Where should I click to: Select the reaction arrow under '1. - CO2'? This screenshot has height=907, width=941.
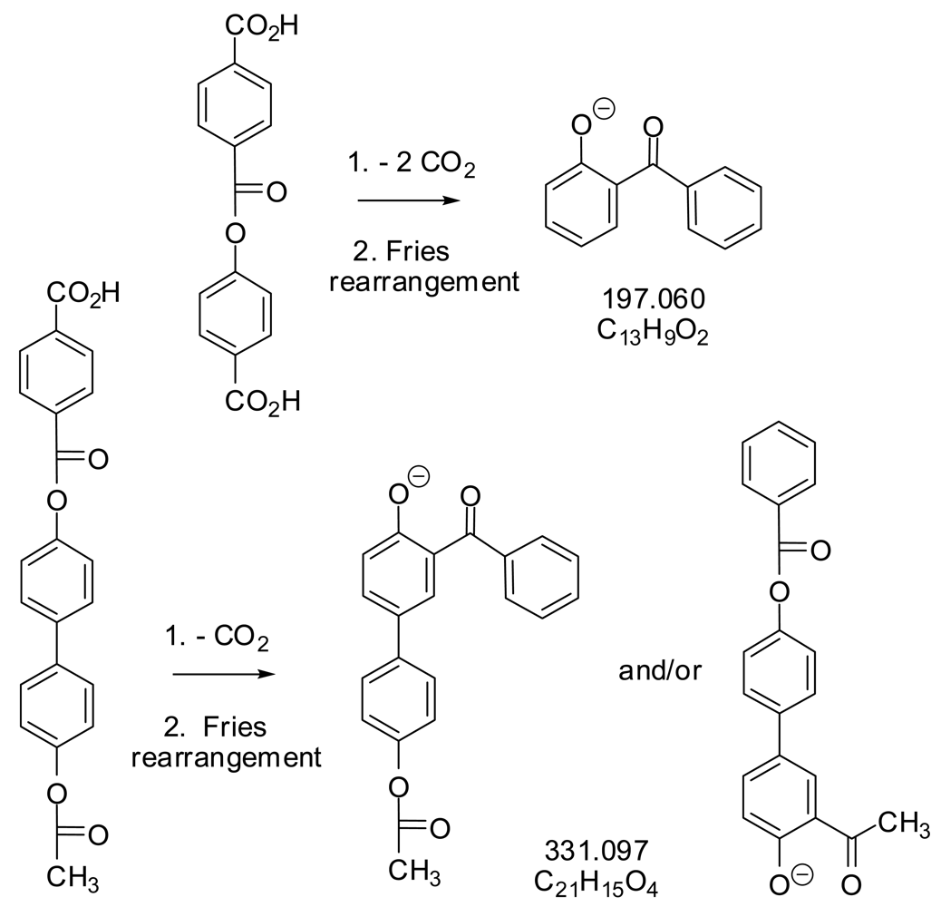coord(222,675)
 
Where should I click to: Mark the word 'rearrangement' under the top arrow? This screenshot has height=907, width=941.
coord(424,280)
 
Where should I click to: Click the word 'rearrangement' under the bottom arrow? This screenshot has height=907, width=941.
coord(226,756)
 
